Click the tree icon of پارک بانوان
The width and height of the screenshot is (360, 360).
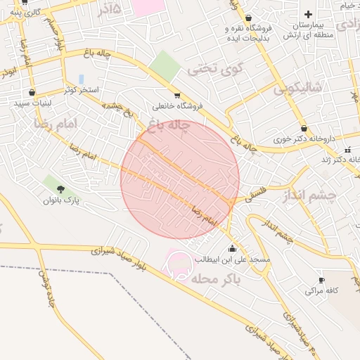(60, 188)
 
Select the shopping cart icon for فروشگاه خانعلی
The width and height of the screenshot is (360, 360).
(177, 96)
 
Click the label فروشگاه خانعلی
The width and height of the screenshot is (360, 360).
(177, 106)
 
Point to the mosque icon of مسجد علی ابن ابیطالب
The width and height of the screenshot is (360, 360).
(233, 248)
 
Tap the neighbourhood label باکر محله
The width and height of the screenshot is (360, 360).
(214, 279)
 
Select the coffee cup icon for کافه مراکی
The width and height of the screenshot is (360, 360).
(322, 280)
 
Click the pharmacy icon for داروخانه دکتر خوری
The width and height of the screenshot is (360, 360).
(304, 129)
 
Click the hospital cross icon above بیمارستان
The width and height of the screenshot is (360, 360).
(308, 14)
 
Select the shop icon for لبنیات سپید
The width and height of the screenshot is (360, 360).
(32, 92)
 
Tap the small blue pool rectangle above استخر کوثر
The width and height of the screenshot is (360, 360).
(82, 79)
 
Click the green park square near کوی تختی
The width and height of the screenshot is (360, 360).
(165, 65)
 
